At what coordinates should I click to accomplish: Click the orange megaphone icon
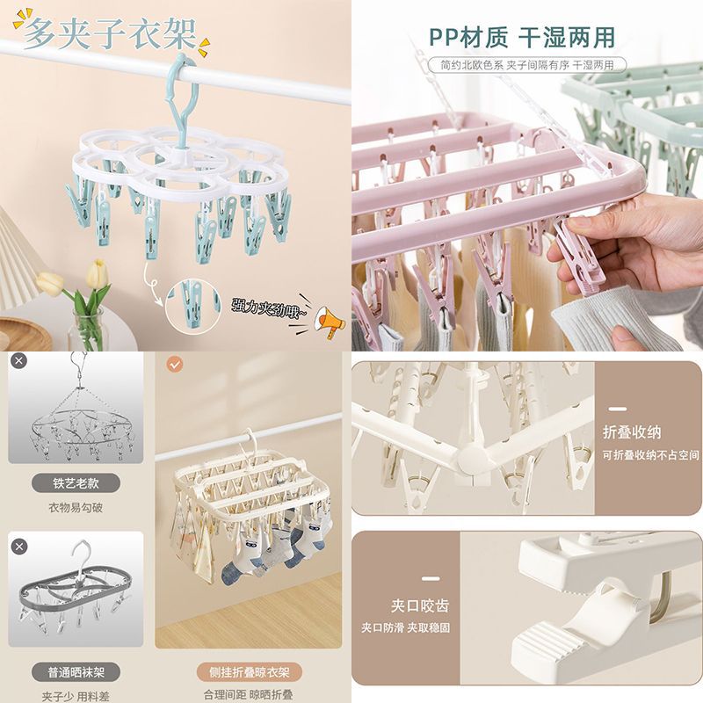pos(330,322)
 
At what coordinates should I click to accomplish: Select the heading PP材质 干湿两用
pos(522,37)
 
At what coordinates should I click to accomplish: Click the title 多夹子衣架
pos(109,34)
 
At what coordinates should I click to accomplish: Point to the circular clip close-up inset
pos(193,305)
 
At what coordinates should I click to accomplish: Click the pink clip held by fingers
pos(579,255)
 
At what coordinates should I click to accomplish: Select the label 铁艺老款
pos(76,483)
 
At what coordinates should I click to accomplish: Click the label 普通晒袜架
pos(76,672)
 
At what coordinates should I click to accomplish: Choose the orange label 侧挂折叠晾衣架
pos(250,672)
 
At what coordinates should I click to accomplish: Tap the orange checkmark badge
pos(175,364)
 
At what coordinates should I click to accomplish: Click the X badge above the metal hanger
pos(18,360)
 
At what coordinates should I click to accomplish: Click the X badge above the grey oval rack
pos(18,547)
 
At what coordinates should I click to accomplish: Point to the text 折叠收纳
pos(632,432)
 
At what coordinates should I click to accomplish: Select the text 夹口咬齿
pos(420,605)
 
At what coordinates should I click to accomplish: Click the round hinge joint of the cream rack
pos(473,460)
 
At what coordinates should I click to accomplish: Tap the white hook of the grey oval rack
pos(81,556)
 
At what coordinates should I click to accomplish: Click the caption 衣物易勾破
pos(76,508)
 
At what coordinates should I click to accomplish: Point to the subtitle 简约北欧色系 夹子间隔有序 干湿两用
pos(527,65)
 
